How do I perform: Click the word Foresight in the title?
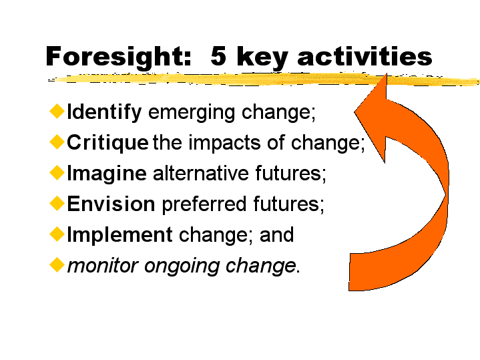click(118, 57)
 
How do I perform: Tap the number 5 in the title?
click(218, 55)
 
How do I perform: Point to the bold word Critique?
click(107, 143)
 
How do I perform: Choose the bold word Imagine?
click(107, 174)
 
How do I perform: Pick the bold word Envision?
click(111, 204)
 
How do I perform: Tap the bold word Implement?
click(119, 235)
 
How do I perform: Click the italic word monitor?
click(103, 266)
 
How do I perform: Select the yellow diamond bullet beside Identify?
click(57, 111)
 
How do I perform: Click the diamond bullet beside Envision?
click(57, 203)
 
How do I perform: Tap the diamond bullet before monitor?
click(57, 264)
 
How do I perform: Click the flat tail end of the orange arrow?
click(350, 272)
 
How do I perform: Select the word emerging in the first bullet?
click(192, 113)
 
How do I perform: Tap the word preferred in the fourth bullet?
click(204, 204)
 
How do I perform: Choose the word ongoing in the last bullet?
click(182, 266)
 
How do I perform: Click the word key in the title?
click(262, 57)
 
